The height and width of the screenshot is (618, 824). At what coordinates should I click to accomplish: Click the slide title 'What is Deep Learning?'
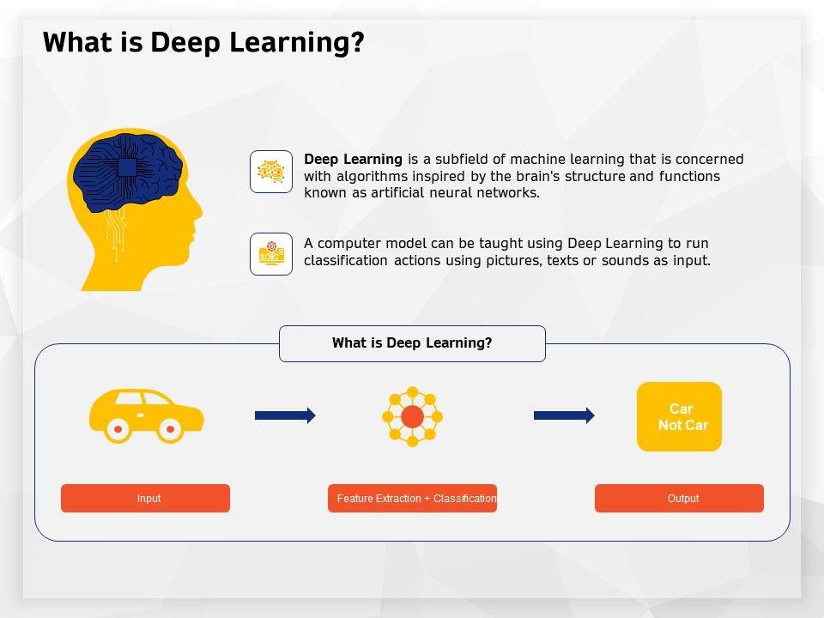tap(203, 42)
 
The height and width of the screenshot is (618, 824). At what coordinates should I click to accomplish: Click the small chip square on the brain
tap(126, 167)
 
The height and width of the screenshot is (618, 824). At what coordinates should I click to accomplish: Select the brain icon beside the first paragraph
tap(271, 172)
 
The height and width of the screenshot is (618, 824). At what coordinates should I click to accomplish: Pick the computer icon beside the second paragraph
tap(271, 254)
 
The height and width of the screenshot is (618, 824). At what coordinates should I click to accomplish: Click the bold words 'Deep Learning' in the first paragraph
tap(353, 159)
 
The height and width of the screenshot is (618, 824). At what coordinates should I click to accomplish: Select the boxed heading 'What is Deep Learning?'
tap(412, 343)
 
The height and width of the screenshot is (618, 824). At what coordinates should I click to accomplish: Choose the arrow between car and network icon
tap(285, 415)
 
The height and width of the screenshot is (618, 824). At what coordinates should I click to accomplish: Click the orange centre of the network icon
tap(412, 417)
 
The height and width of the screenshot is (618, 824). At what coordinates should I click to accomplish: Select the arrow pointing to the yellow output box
tap(564, 415)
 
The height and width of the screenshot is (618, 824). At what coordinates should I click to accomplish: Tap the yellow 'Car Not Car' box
tap(679, 416)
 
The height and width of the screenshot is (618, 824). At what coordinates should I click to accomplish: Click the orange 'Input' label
tap(145, 498)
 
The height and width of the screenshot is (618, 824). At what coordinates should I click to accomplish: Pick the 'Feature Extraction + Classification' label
tap(412, 498)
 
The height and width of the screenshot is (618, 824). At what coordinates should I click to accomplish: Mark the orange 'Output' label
tap(679, 498)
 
